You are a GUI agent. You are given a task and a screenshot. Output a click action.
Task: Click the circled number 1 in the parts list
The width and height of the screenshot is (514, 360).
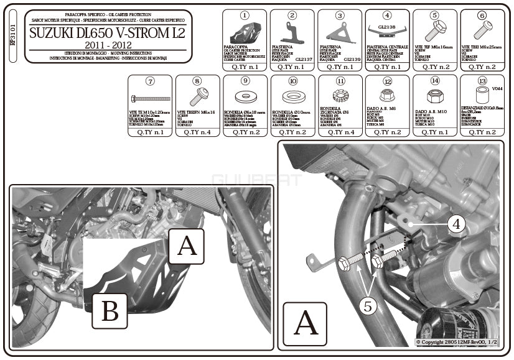[244, 15]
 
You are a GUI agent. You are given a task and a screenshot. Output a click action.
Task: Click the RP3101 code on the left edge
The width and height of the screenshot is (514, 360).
[13, 35]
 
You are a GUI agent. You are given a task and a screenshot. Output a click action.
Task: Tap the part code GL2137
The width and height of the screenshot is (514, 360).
[304, 60]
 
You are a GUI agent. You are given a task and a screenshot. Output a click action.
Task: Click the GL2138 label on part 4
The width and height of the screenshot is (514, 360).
[386, 27]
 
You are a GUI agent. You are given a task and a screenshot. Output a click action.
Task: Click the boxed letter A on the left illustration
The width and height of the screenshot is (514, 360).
[186, 246]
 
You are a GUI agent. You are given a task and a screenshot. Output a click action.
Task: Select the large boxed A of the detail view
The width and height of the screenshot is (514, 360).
[305, 323]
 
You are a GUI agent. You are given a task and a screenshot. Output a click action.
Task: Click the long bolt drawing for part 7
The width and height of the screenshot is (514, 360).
[150, 99]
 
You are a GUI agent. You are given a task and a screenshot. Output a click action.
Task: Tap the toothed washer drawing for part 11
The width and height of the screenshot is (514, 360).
[340, 97]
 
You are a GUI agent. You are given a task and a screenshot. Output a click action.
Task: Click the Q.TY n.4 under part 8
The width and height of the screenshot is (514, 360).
[197, 132]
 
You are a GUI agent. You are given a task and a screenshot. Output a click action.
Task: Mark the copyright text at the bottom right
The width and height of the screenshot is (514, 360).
[456, 342]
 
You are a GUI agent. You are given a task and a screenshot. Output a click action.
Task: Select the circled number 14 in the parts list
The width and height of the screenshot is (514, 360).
[434, 81]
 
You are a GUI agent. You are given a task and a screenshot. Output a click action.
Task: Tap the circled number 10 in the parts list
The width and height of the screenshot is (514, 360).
[292, 81]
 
